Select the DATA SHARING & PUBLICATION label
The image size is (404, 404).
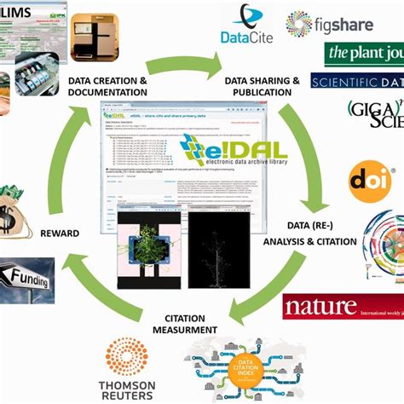point(261,87)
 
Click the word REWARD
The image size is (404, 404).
point(60,233)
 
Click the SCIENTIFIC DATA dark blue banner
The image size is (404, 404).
point(356,82)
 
